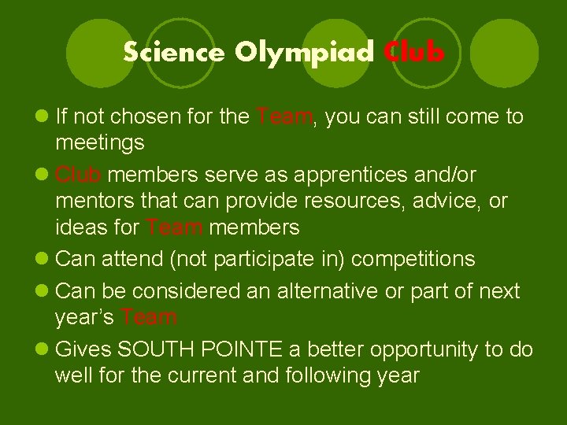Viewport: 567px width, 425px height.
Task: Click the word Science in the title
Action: coord(173,53)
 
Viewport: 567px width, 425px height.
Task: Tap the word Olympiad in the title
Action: coord(305,53)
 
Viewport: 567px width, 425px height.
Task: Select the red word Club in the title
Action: coord(415,53)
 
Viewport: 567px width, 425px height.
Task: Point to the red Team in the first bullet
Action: coord(285,117)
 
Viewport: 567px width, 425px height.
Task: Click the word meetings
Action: coord(100,143)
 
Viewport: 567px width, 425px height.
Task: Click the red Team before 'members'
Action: coord(174,228)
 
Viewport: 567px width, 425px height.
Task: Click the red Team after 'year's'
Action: coord(149,318)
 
